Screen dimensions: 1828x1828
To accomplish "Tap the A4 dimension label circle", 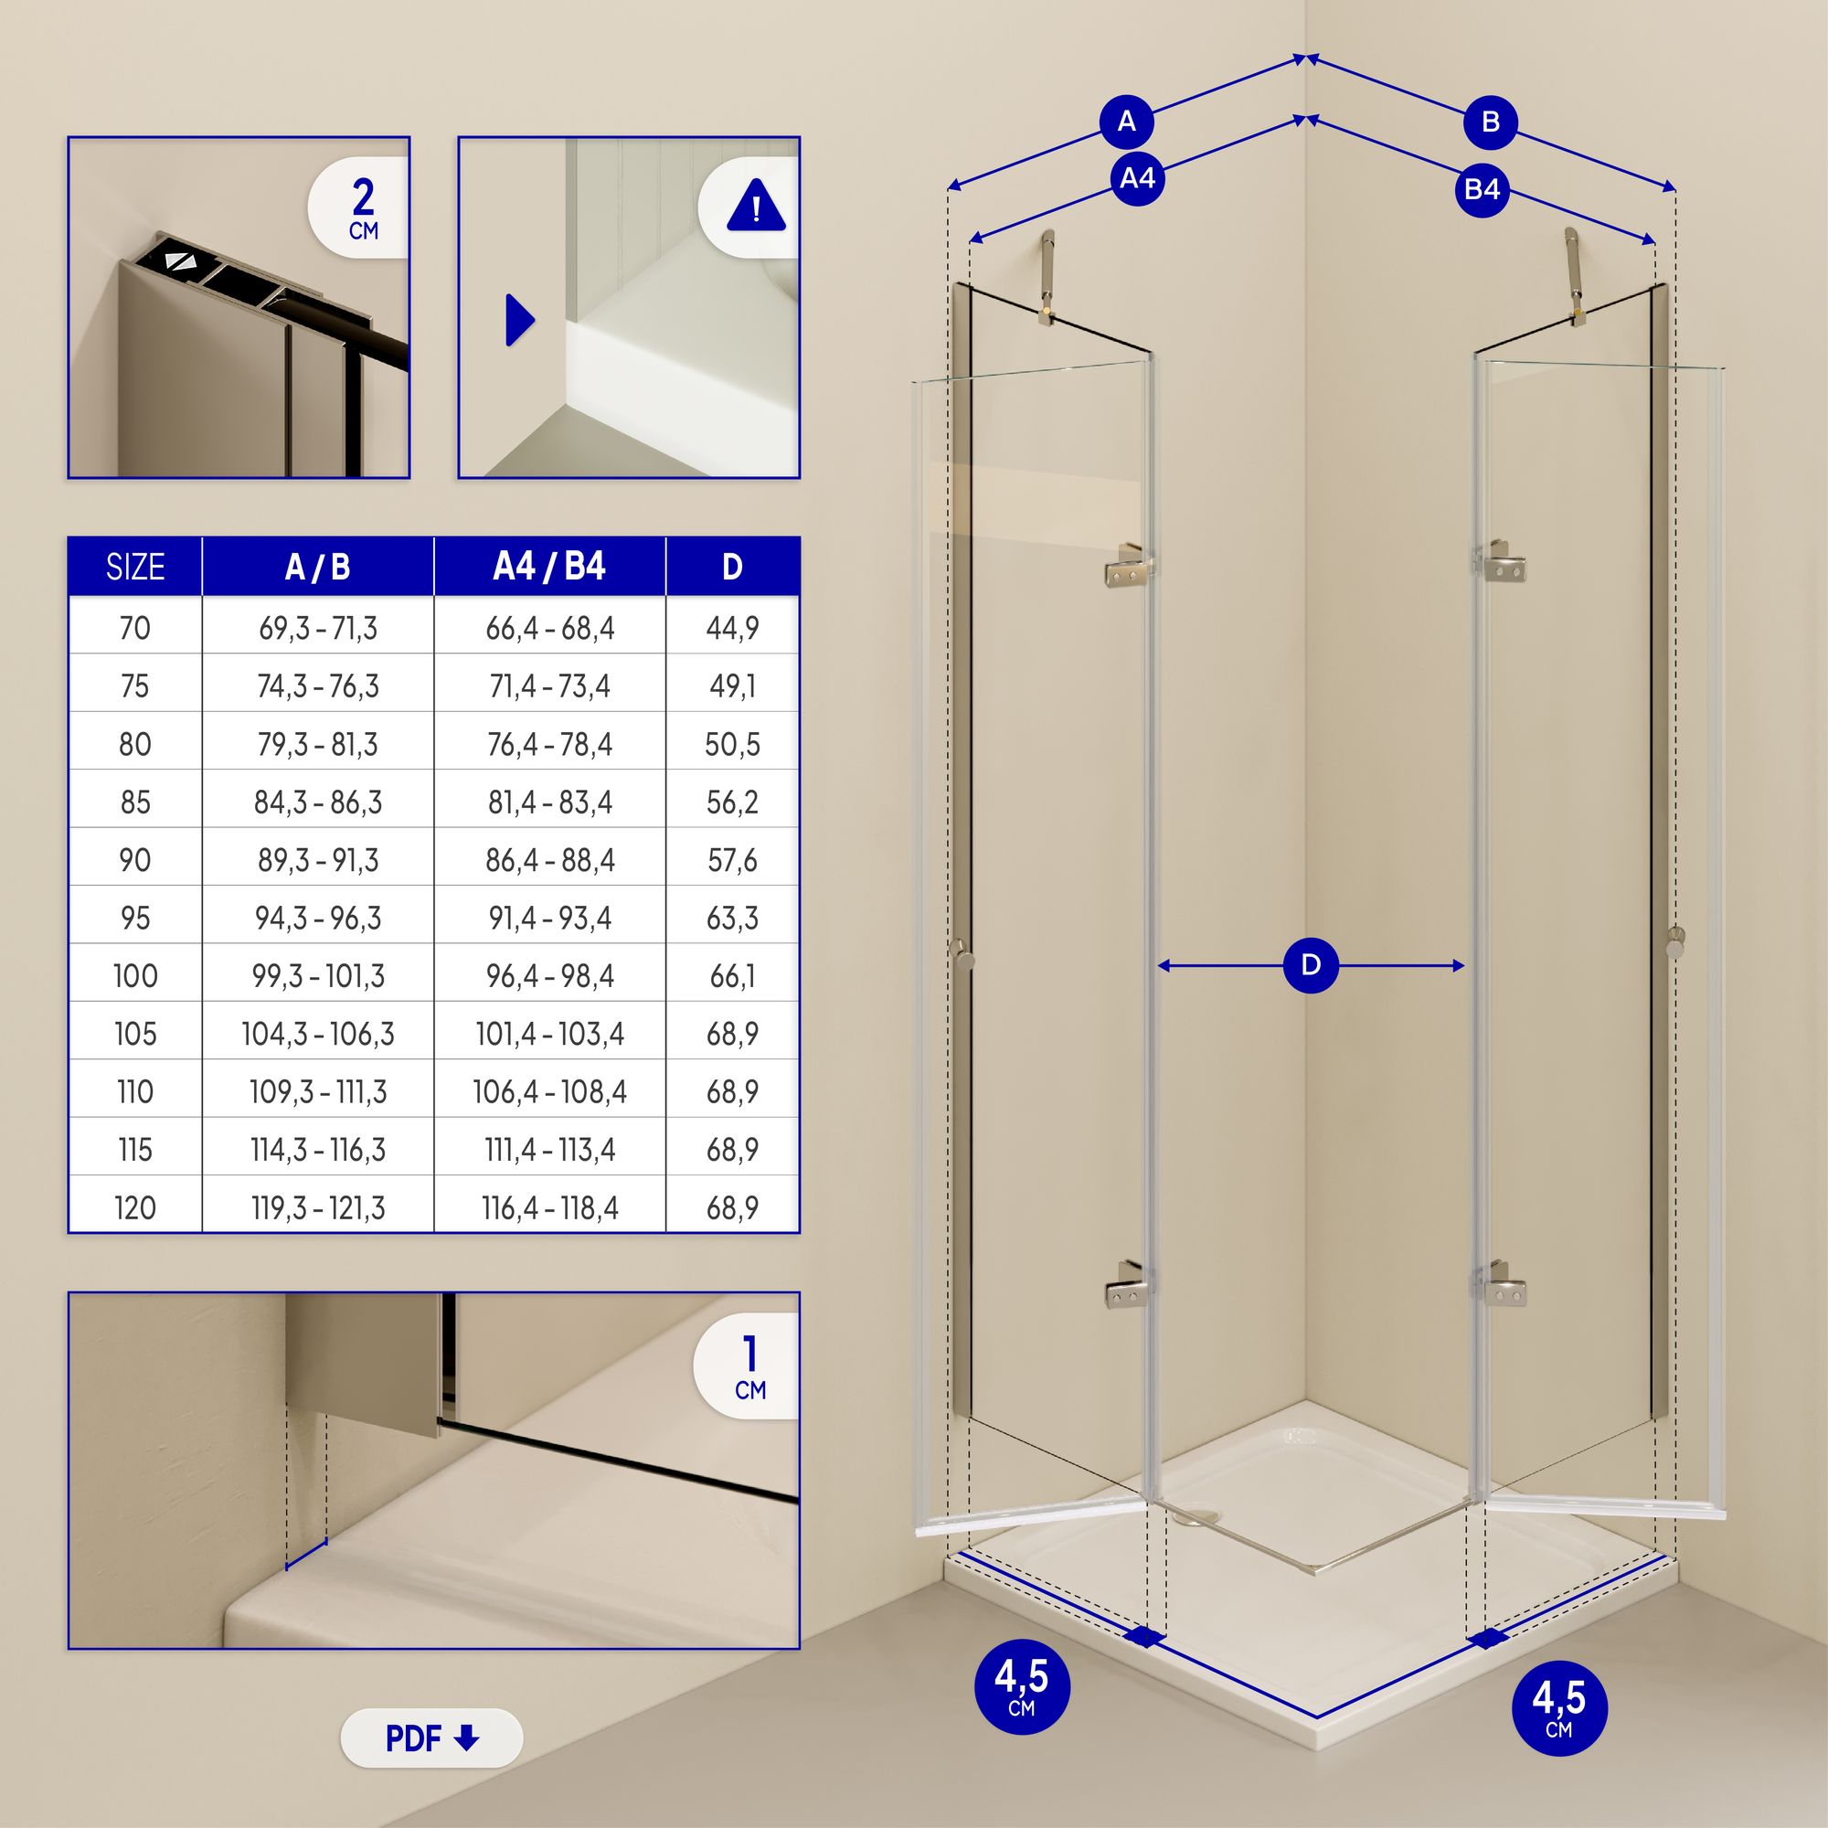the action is pyautogui.click(x=1137, y=178).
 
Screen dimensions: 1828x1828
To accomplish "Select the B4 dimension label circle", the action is pyautogui.click(x=1482, y=189).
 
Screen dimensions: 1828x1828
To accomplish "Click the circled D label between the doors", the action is pyautogui.click(x=1311, y=965).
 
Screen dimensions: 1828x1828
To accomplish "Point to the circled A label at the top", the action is pyautogui.click(x=1127, y=122).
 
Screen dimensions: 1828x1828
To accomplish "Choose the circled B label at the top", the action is pyautogui.click(x=1490, y=122).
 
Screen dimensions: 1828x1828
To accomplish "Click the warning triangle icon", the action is pyautogui.click(x=755, y=207).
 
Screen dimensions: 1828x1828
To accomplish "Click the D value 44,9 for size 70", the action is pyautogui.click(x=732, y=628).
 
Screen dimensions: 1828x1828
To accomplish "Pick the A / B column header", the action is pyautogui.click(x=318, y=567).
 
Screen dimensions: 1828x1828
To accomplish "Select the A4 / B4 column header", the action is pyautogui.click(x=549, y=567).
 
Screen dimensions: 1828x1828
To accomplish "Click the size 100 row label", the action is pyautogui.click(x=135, y=975).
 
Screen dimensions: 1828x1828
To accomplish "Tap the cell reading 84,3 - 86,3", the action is pyautogui.click(x=318, y=802).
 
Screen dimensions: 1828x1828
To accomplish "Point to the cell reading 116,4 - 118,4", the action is pyautogui.click(x=549, y=1208).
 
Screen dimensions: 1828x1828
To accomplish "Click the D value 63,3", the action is pyautogui.click(x=732, y=919).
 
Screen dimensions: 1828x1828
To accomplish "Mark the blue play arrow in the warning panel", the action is pyautogui.click(x=519, y=320).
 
